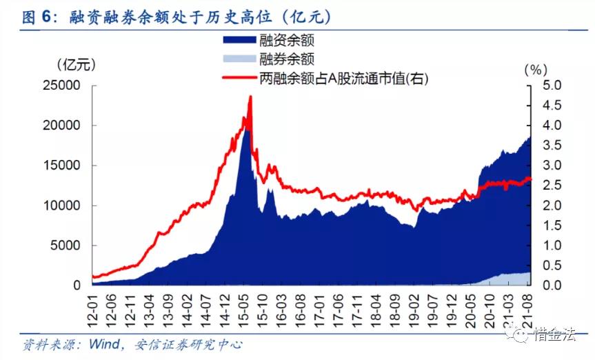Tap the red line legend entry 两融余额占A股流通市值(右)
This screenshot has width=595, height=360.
(x=324, y=79)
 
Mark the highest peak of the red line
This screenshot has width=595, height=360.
(x=250, y=97)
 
